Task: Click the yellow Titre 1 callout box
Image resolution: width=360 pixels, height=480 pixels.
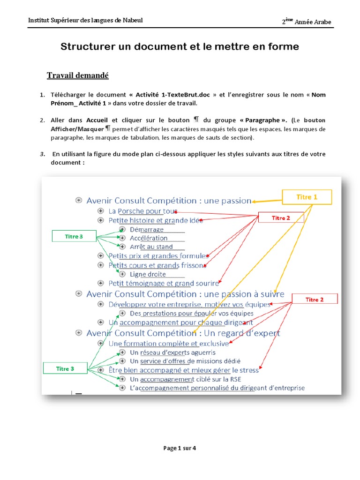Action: (x=307, y=197)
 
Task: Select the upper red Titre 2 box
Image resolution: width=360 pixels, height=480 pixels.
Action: (x=281, y=218)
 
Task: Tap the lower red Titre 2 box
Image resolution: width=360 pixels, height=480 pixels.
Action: (x=315, y=300)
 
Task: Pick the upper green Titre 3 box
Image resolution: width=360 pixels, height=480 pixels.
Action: (x=74, y=237)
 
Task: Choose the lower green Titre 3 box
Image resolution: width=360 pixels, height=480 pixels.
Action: (x=65, y=369)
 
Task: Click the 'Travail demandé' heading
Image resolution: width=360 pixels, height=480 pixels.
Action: (x=78, y=75)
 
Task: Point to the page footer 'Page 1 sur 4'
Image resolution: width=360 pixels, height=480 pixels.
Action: (x=180, y=448)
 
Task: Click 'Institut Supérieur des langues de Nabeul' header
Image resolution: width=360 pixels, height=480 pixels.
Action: (x=86, y=20)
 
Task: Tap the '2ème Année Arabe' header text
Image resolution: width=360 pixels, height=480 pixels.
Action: (x=309, y=22)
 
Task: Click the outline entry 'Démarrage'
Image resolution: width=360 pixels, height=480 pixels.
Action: (x=147, y=230)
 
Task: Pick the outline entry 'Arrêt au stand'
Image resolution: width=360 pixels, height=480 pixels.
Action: (x=151, y=247)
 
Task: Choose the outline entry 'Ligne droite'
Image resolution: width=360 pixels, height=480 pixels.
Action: (x=148, y=274)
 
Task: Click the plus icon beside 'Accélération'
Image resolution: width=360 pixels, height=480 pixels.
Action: (x=122, y=238)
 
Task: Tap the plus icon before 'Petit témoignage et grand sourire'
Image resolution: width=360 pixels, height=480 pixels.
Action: (x=100, y=283)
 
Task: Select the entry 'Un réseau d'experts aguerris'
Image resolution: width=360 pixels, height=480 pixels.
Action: (x=172, y=352)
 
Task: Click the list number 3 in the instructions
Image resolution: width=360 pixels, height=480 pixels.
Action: (x=42, y=154)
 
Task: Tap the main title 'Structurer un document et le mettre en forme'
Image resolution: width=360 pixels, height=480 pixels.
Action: (x=180, y=47)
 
